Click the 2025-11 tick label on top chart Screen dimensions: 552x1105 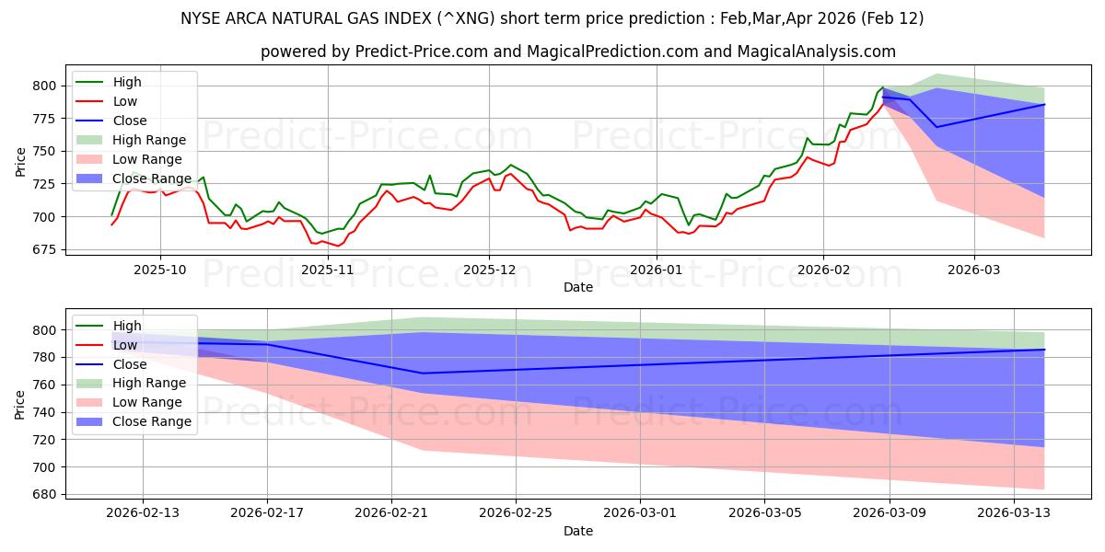328,270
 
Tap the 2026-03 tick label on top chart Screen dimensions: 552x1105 974,270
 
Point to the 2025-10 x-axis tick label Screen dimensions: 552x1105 160,270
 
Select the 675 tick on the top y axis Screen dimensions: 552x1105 44,250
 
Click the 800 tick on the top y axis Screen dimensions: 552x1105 44,86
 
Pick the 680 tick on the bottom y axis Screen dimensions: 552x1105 44,495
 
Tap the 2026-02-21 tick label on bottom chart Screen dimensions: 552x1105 391,513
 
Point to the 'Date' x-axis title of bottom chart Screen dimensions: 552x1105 577,531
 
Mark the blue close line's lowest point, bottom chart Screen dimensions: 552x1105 423,374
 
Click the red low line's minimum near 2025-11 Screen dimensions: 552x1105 337,246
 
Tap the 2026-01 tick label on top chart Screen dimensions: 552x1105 656,270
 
